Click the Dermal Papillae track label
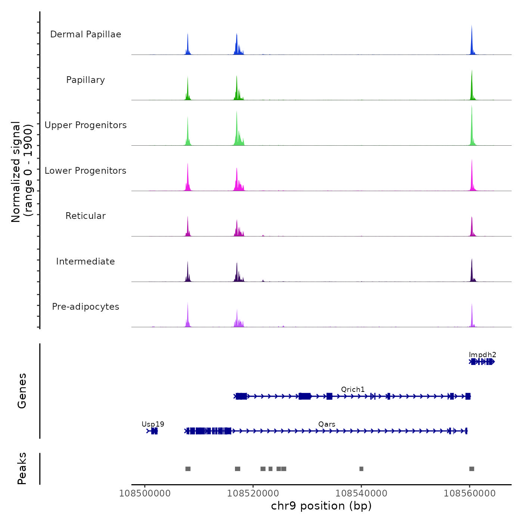(x=86, y=34)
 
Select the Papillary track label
(x=86, y=80)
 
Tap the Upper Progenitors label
(x=86, y=125)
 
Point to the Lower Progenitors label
(x=86, y=171)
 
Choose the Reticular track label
(x=86, y=216)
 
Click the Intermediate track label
(x=86, y=261)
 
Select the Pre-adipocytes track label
(x=86, y=307)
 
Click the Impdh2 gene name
(x=482, y=355)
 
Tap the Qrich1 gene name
(x=353, y=390)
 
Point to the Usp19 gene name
(x=153, y=424)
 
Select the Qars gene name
(x=327, y=424)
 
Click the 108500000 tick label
(x=145, y=493)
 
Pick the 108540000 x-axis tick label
(x=361, y=493)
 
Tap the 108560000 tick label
(x=470, y=493)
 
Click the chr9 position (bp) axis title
(x=321, y=506)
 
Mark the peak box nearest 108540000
(x=361, y=469)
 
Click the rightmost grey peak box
(x=471, y=469)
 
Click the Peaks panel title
(x=22, y=468)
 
